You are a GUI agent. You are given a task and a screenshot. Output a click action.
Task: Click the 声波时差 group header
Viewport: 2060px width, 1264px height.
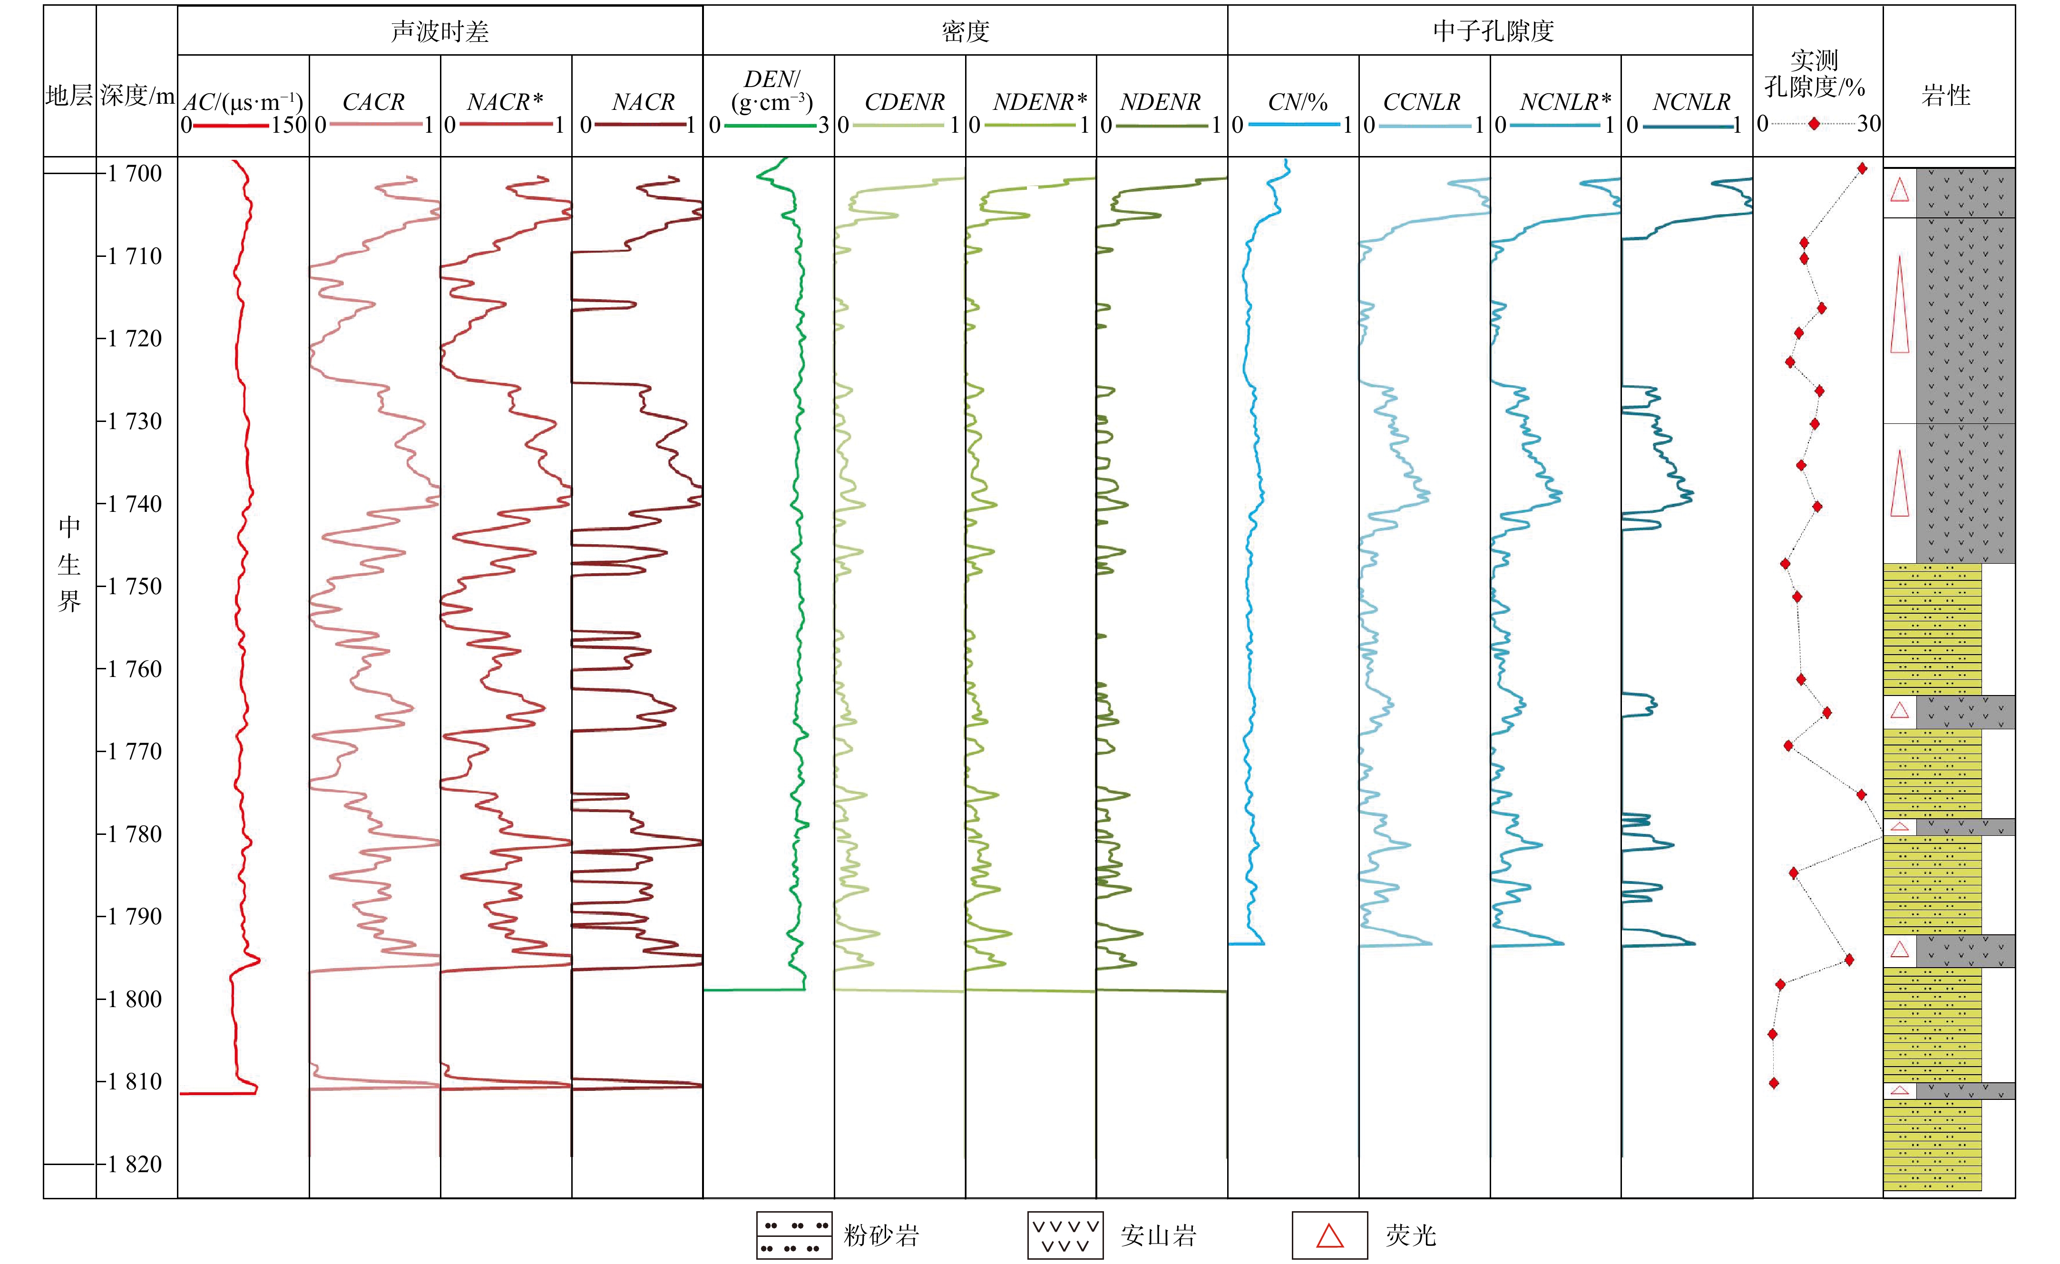[x=440, y=32]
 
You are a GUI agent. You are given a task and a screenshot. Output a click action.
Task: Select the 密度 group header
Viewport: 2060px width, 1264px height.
[x=966, y=32]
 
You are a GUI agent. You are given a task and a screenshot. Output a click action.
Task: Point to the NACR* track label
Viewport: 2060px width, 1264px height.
[x=505, y=102]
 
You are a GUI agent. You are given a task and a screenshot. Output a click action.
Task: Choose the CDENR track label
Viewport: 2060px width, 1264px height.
[x=905, y=102]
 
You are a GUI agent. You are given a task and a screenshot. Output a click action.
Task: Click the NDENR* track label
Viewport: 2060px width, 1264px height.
[x=1039, y=102]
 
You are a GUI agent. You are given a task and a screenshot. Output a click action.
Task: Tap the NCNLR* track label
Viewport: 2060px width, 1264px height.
[x=1565, y=102]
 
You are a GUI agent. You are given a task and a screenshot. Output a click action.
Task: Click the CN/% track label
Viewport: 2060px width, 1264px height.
[x=1297, y=102]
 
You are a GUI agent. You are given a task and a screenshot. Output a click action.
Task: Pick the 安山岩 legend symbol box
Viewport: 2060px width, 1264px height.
[x=1065, y=1235]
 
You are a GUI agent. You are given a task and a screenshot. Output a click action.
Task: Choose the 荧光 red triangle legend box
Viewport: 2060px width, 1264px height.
[x=1329, y=1235]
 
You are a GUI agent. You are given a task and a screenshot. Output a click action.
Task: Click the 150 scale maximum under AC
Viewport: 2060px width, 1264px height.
[x=289, y=126]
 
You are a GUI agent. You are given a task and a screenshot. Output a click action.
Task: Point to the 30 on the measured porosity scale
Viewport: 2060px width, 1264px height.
[x=1868, y=124]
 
